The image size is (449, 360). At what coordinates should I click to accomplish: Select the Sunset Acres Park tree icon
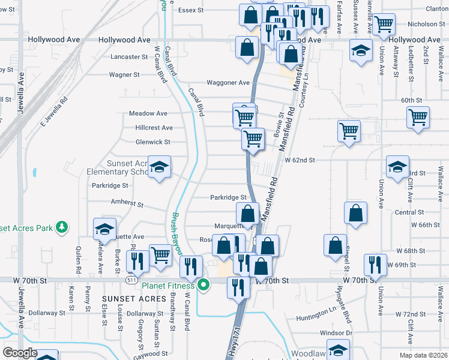click(x=61, y=227)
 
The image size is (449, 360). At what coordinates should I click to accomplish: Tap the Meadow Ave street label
click(x=148, y=113)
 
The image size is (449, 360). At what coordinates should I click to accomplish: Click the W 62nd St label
click(x=300, y=160)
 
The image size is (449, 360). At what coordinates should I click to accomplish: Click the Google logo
click(x=20, y=353)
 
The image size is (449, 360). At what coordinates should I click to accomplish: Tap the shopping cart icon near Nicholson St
click(x=384, y=25)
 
